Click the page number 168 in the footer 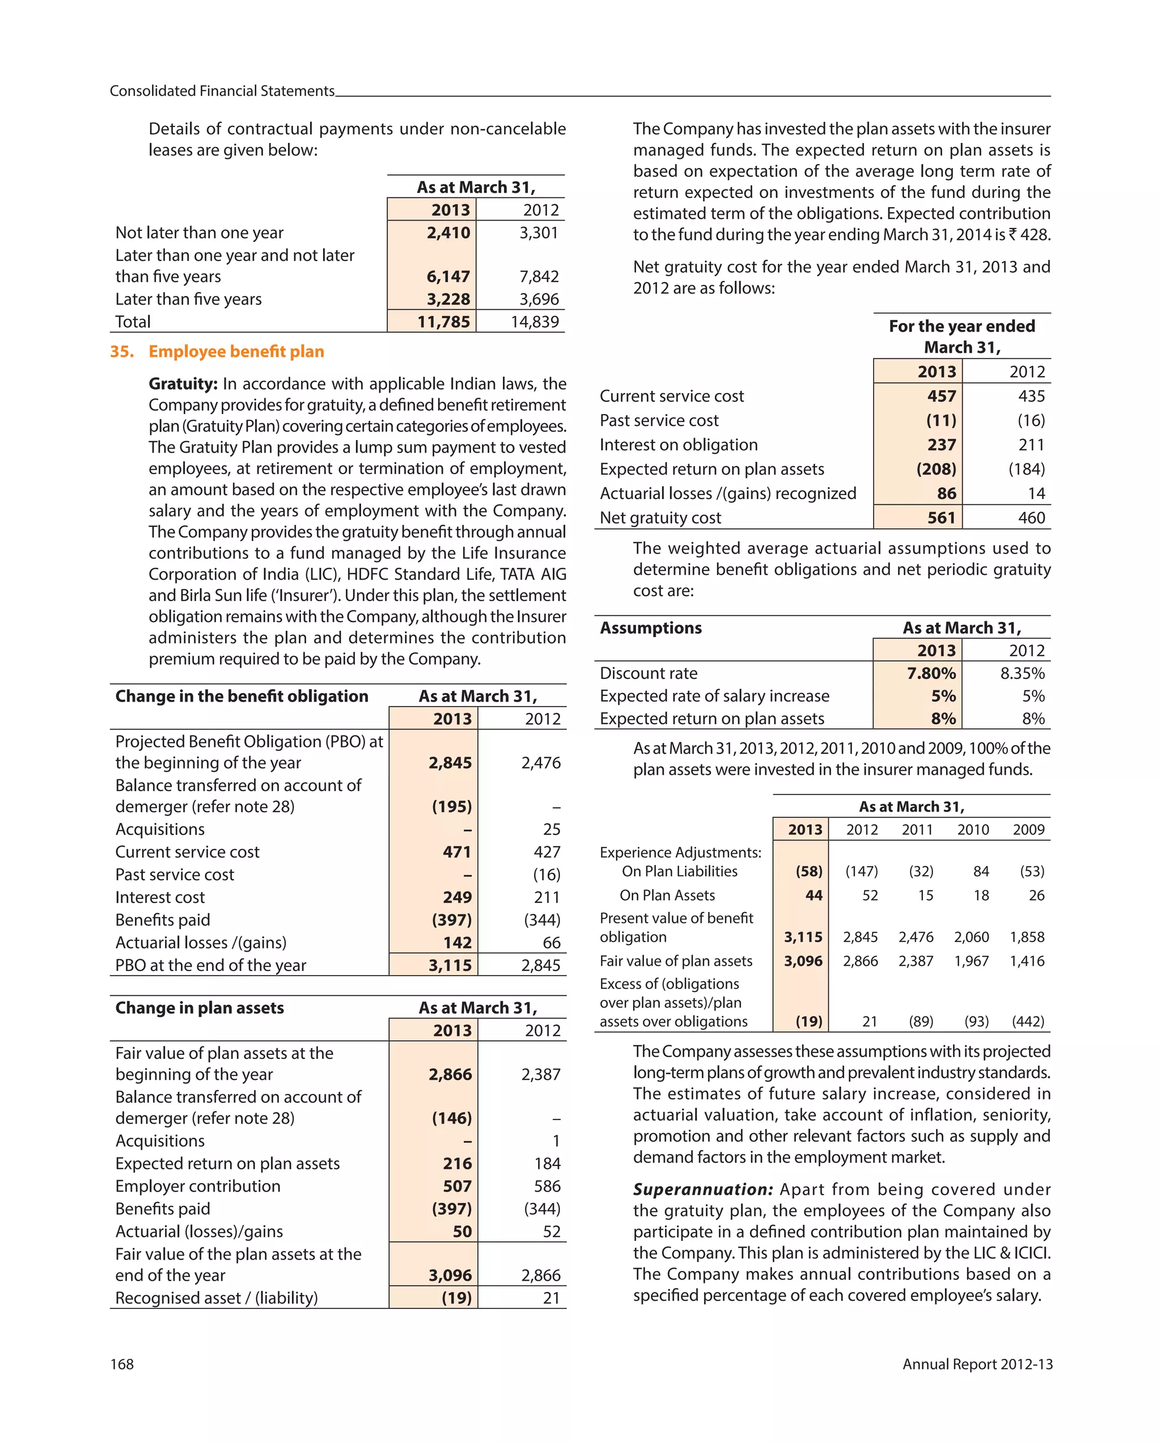[122, 1364]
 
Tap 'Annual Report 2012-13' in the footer [977, 1364]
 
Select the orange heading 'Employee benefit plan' [236, 352]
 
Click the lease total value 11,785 [443, 322]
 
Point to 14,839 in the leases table [535, 322]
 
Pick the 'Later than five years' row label [188, 299]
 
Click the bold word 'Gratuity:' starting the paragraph [183, 384]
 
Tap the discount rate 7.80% [931, 673]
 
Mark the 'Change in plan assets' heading [200, 1008]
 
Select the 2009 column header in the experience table [1028, 830]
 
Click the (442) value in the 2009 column [1028, 1021]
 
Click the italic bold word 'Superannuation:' [703, 1189]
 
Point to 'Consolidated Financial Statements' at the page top [222, 91]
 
